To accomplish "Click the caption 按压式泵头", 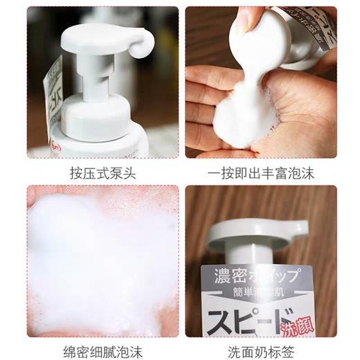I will tap(102, 173).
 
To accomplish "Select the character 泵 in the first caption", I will tap(114, 173).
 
